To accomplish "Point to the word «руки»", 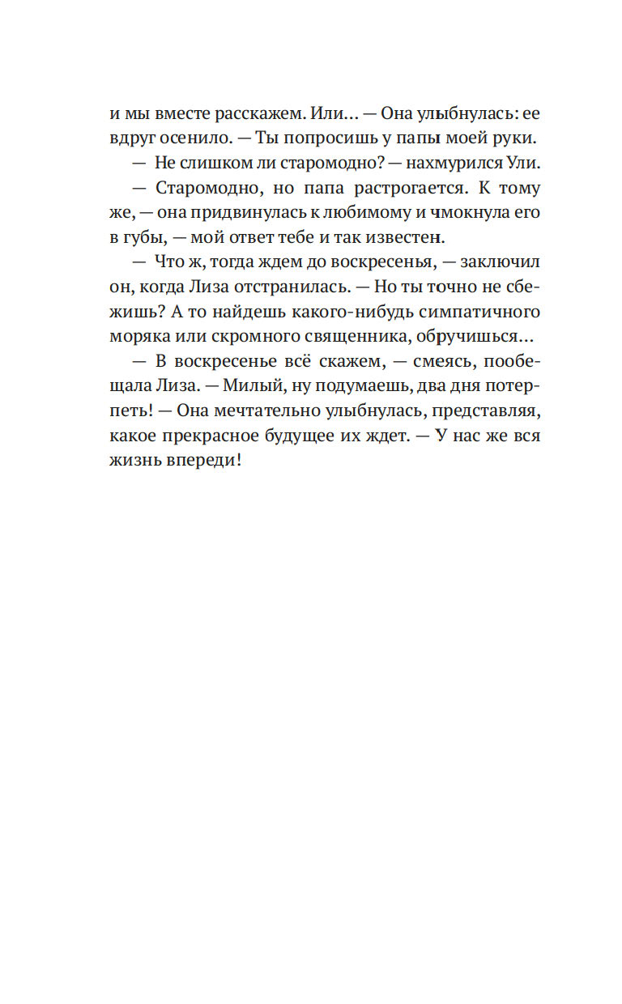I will pos(513,139).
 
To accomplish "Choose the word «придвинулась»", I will pos(229,215).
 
